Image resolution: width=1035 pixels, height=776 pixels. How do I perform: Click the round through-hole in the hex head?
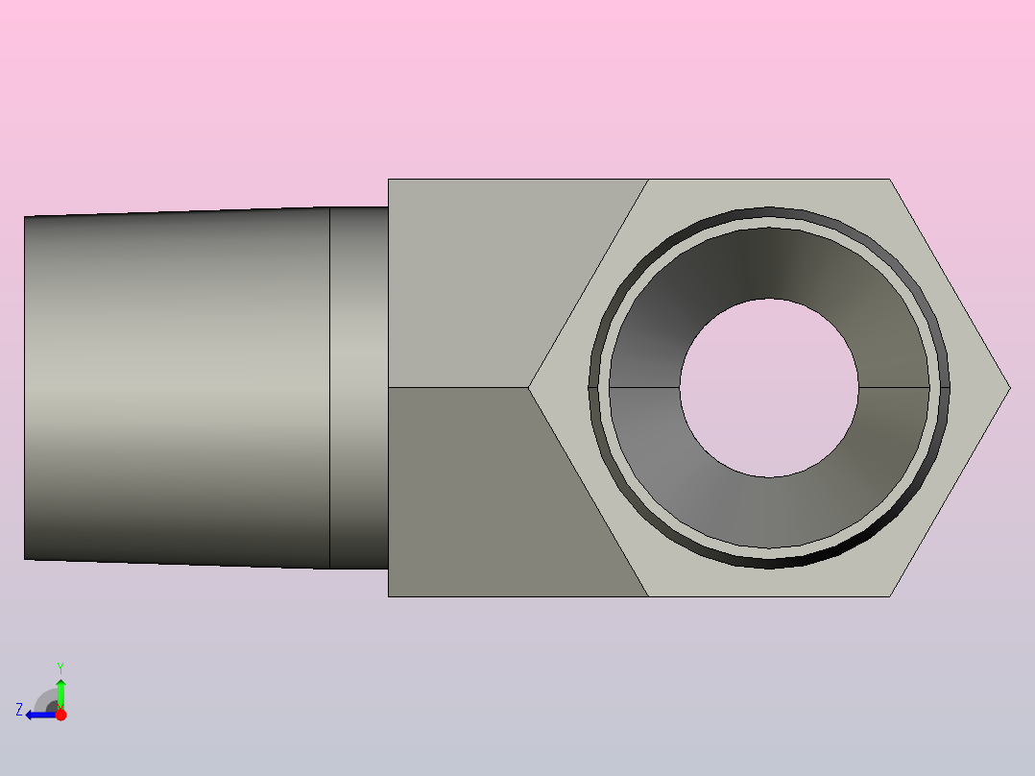(x=769, y=388)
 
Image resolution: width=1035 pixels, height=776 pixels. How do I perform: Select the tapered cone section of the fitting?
(x=177, y=388)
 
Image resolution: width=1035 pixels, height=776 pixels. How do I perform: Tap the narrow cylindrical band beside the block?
(x=359, y=388)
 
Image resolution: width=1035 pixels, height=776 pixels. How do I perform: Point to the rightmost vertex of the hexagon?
(x=1011, y=388)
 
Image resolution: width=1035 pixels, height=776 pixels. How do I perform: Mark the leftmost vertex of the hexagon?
(x=528, y=388)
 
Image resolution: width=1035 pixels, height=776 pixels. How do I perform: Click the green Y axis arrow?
(x=60, y=694)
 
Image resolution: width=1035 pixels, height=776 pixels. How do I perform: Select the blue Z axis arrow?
(x=41, y=715)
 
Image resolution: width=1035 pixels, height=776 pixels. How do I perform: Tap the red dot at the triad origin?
(x=60, y=715)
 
